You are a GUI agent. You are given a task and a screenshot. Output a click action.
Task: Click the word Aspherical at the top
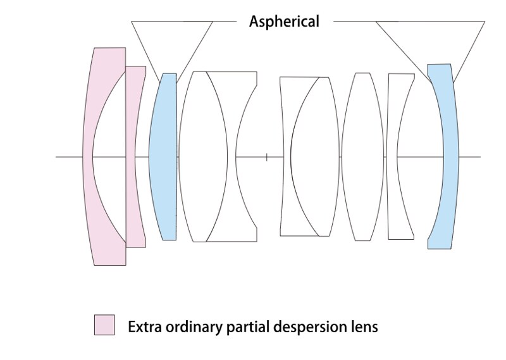tap(284, 22)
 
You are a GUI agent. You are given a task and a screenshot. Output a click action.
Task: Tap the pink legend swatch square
tap(104, 325)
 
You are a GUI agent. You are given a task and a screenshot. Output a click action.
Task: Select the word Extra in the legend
tap(145, 326)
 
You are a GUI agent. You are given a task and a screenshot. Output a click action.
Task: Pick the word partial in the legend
tap(248, 327)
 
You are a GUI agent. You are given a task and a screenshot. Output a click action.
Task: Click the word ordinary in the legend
tap(194, 327)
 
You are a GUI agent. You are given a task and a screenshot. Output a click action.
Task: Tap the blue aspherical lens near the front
tap(163, 157)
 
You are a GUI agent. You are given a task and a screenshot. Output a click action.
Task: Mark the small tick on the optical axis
tap(266, 158)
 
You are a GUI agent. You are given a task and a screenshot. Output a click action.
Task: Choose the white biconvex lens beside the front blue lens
tap(202, 157)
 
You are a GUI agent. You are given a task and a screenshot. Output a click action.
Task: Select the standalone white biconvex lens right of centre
tap(363, 157)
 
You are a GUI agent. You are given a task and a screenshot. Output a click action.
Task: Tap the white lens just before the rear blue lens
tap(392, 157)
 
